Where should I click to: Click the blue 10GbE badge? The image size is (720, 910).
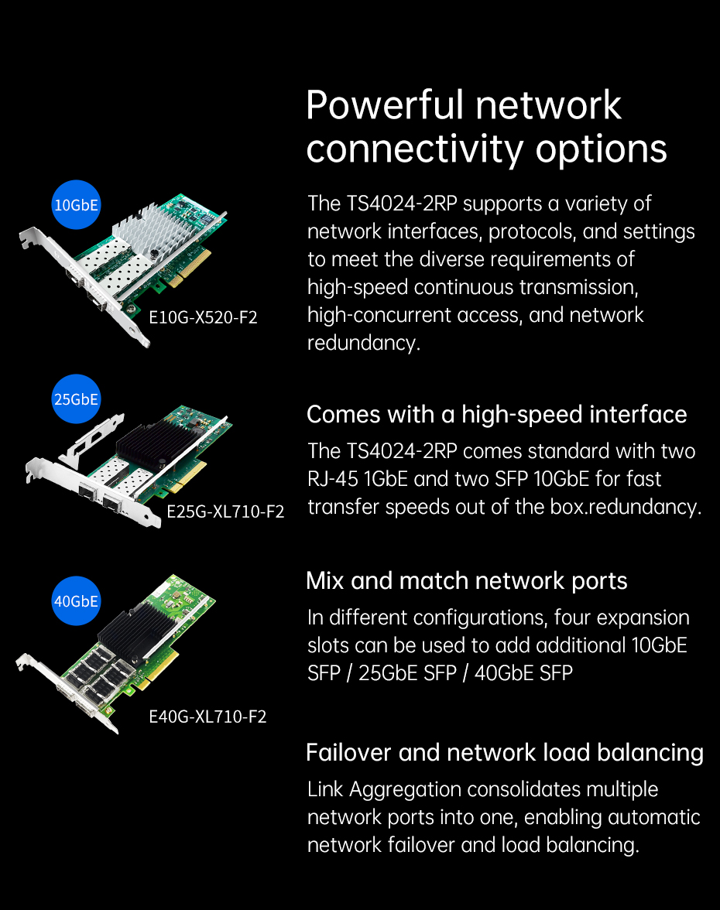pyautogui.click(x=76, y=205)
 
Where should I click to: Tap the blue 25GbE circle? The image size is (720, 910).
pyautogui.click(x=76, y=399)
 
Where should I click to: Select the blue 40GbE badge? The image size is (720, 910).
pyautogui.click(x=76, y=600)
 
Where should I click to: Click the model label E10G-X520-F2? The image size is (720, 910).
pyautogui.click(x=203, y=317)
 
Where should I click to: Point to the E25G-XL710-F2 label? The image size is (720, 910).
pyautogui.click(x=225, y=511)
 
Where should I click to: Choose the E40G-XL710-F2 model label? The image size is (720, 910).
pyautogui.click(x=207, y=717)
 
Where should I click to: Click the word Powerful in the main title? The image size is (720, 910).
pyautogui.click(x=384, y=105)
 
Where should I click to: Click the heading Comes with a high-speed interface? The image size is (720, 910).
pyautogui.click(x=496, y=415)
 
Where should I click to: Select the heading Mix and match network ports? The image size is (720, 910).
pyautogui.click(x=467, y=581)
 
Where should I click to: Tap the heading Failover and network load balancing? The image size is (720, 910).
pyautogui.click(x=505, y=753)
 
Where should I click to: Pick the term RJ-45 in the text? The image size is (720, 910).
pyautogui.click(x=333, y=480)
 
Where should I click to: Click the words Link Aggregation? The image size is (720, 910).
pyautogui.click(x=384, y=790)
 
